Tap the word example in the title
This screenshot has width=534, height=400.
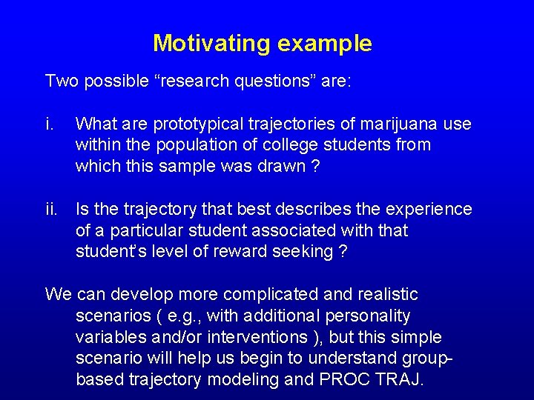pyautogui.click(x=325, y=44)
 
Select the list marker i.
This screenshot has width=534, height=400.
pyautogui.click(x=50, y=124)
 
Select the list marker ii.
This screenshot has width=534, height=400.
pyautogui.click(x=52, y=210)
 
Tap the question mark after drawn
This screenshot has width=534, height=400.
pyautogui.click(x=316, y=165)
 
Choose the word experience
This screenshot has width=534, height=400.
pyautogui.click(x=429, y=210)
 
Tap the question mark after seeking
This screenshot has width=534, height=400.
pyautogui.click(x=342, y=251)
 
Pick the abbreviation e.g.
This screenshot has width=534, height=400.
pyautogui.click(x=183, y=316)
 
